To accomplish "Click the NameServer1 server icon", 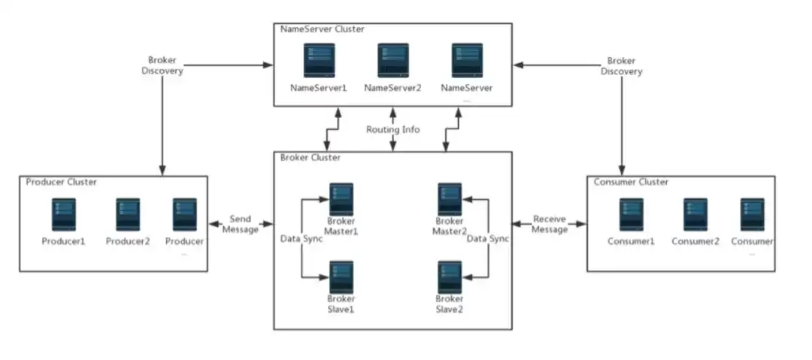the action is tap(318, 61).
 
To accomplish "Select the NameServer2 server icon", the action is tap(392, 61).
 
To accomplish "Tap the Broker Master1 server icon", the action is tap(341, 199).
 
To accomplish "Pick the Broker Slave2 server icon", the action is tap(450, 277).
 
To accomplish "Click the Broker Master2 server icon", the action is tap(450, 199).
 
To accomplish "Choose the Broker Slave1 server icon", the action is tap(341, 277).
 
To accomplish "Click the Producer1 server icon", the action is tap(64, 214).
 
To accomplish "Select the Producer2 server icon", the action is tap(128, 214).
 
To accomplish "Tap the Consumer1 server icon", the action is tap(632, 214).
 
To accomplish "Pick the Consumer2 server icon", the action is tap(695, 214).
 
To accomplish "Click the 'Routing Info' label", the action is tap(393, 129).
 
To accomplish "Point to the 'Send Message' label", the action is tap(241, 224).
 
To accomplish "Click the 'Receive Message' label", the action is tap(550, 224).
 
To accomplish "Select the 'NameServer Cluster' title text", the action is tap(322, 29).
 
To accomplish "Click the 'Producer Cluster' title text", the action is tap(62, 182).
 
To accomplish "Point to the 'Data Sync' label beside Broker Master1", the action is tap(301, 239).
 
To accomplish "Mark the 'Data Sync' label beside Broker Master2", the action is tap(488, 239).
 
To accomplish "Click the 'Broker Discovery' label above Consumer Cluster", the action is tap(622, 66).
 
